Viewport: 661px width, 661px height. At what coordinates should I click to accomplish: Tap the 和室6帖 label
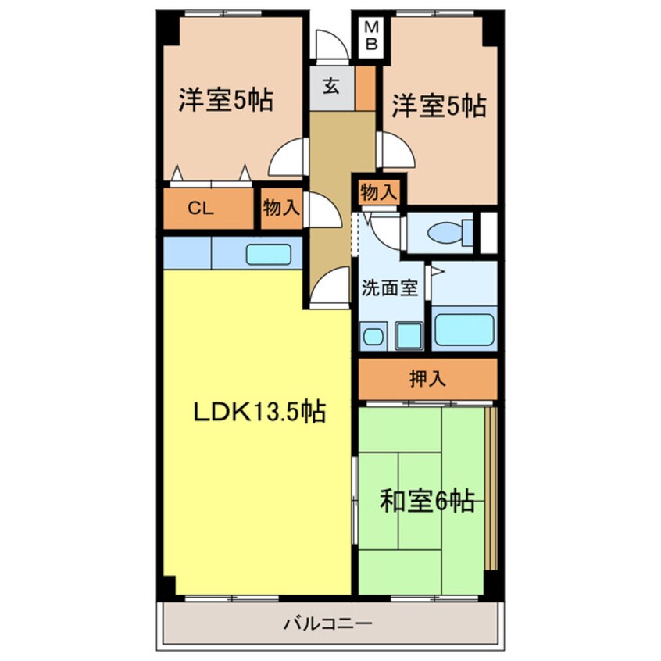point(427,501)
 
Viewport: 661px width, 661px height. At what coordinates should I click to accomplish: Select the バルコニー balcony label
point(327,624)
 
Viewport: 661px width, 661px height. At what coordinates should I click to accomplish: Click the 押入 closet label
point(427,379)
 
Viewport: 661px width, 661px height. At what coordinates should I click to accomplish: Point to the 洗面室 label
point(389,288)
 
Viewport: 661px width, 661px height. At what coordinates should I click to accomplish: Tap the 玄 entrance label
point(331,87)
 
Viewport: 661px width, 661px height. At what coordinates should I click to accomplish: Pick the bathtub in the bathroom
point(464,329)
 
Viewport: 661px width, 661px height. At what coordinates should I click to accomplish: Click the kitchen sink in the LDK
point(269,255)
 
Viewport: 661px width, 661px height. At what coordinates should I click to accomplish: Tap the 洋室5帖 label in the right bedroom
point(438,105)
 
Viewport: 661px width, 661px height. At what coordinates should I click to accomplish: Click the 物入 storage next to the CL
point(280,208)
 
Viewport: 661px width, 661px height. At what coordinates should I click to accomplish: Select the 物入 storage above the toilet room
point(379,191)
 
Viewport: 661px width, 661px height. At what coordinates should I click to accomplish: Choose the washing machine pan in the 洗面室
point(409,336)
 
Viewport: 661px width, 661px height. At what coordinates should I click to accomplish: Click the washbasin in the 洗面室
point(373,337)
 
